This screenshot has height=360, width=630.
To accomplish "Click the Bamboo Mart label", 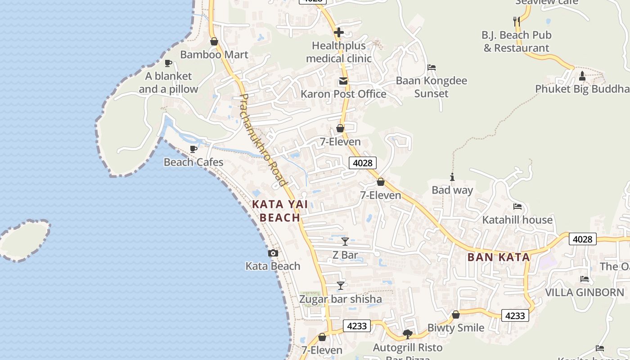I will click(x=214, y=54).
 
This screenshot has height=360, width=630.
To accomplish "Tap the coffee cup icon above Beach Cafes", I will click(x=193, y=148).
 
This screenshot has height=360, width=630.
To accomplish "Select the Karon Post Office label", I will click(x=343, y=94).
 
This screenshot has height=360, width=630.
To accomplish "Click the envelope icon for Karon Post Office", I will click(x=343, y=81).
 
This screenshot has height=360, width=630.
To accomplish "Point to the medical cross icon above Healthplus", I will click(x=339, y=32).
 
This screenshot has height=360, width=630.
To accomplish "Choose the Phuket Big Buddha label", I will click(x=582, y=89).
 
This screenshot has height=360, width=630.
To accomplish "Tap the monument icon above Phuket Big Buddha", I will click(x=582, y=76).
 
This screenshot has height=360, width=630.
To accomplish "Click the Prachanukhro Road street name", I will click(x=263, y=139).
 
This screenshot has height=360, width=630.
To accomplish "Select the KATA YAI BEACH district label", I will click(x=280, y=211).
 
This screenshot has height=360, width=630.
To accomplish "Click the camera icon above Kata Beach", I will click(x=273, y=253).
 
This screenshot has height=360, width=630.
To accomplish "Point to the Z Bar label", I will click(x=345, y=255).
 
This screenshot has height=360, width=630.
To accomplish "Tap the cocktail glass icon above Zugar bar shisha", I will click(x=341, y=286).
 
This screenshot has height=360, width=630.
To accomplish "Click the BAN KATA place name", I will click(x=499, y=257).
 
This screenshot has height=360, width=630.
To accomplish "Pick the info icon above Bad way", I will click(x=452, y=177).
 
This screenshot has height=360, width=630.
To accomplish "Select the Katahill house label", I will click(x=517, y=220).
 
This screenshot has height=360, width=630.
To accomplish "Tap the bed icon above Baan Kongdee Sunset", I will click(x=432, y=67).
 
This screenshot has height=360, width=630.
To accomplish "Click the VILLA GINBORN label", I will click(x=585, y=292).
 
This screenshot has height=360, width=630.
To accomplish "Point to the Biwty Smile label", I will click(x=455, y=328).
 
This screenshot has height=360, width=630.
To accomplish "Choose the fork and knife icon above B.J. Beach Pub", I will click(x=517, y=21).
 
